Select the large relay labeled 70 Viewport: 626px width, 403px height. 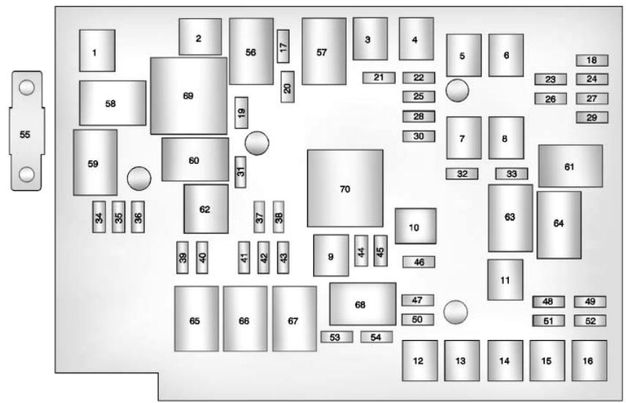(x=345, y=189)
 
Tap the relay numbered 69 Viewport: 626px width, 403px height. (x=189, y=96)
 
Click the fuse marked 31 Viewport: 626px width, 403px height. (x=241, y=171)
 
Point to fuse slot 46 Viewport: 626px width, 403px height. (x=418, y=261)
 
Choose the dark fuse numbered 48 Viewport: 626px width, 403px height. (x=548, y=301)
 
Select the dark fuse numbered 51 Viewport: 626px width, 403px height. (x=548, y=320)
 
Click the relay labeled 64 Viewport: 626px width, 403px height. (x=559, y=225)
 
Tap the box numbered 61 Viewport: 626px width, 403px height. (x=570, y=166)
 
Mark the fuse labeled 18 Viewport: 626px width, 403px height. (x=592, y=60)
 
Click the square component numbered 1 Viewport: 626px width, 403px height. (x=97, y=51)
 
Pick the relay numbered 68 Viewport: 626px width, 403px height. (x=362, y=304)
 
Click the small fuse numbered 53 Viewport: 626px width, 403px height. (x=336, y=336)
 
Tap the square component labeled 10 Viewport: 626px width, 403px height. (x=415, y=227)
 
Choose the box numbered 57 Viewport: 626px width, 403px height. (x=323, y=52)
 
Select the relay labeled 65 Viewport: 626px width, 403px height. (x=196, y=319)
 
